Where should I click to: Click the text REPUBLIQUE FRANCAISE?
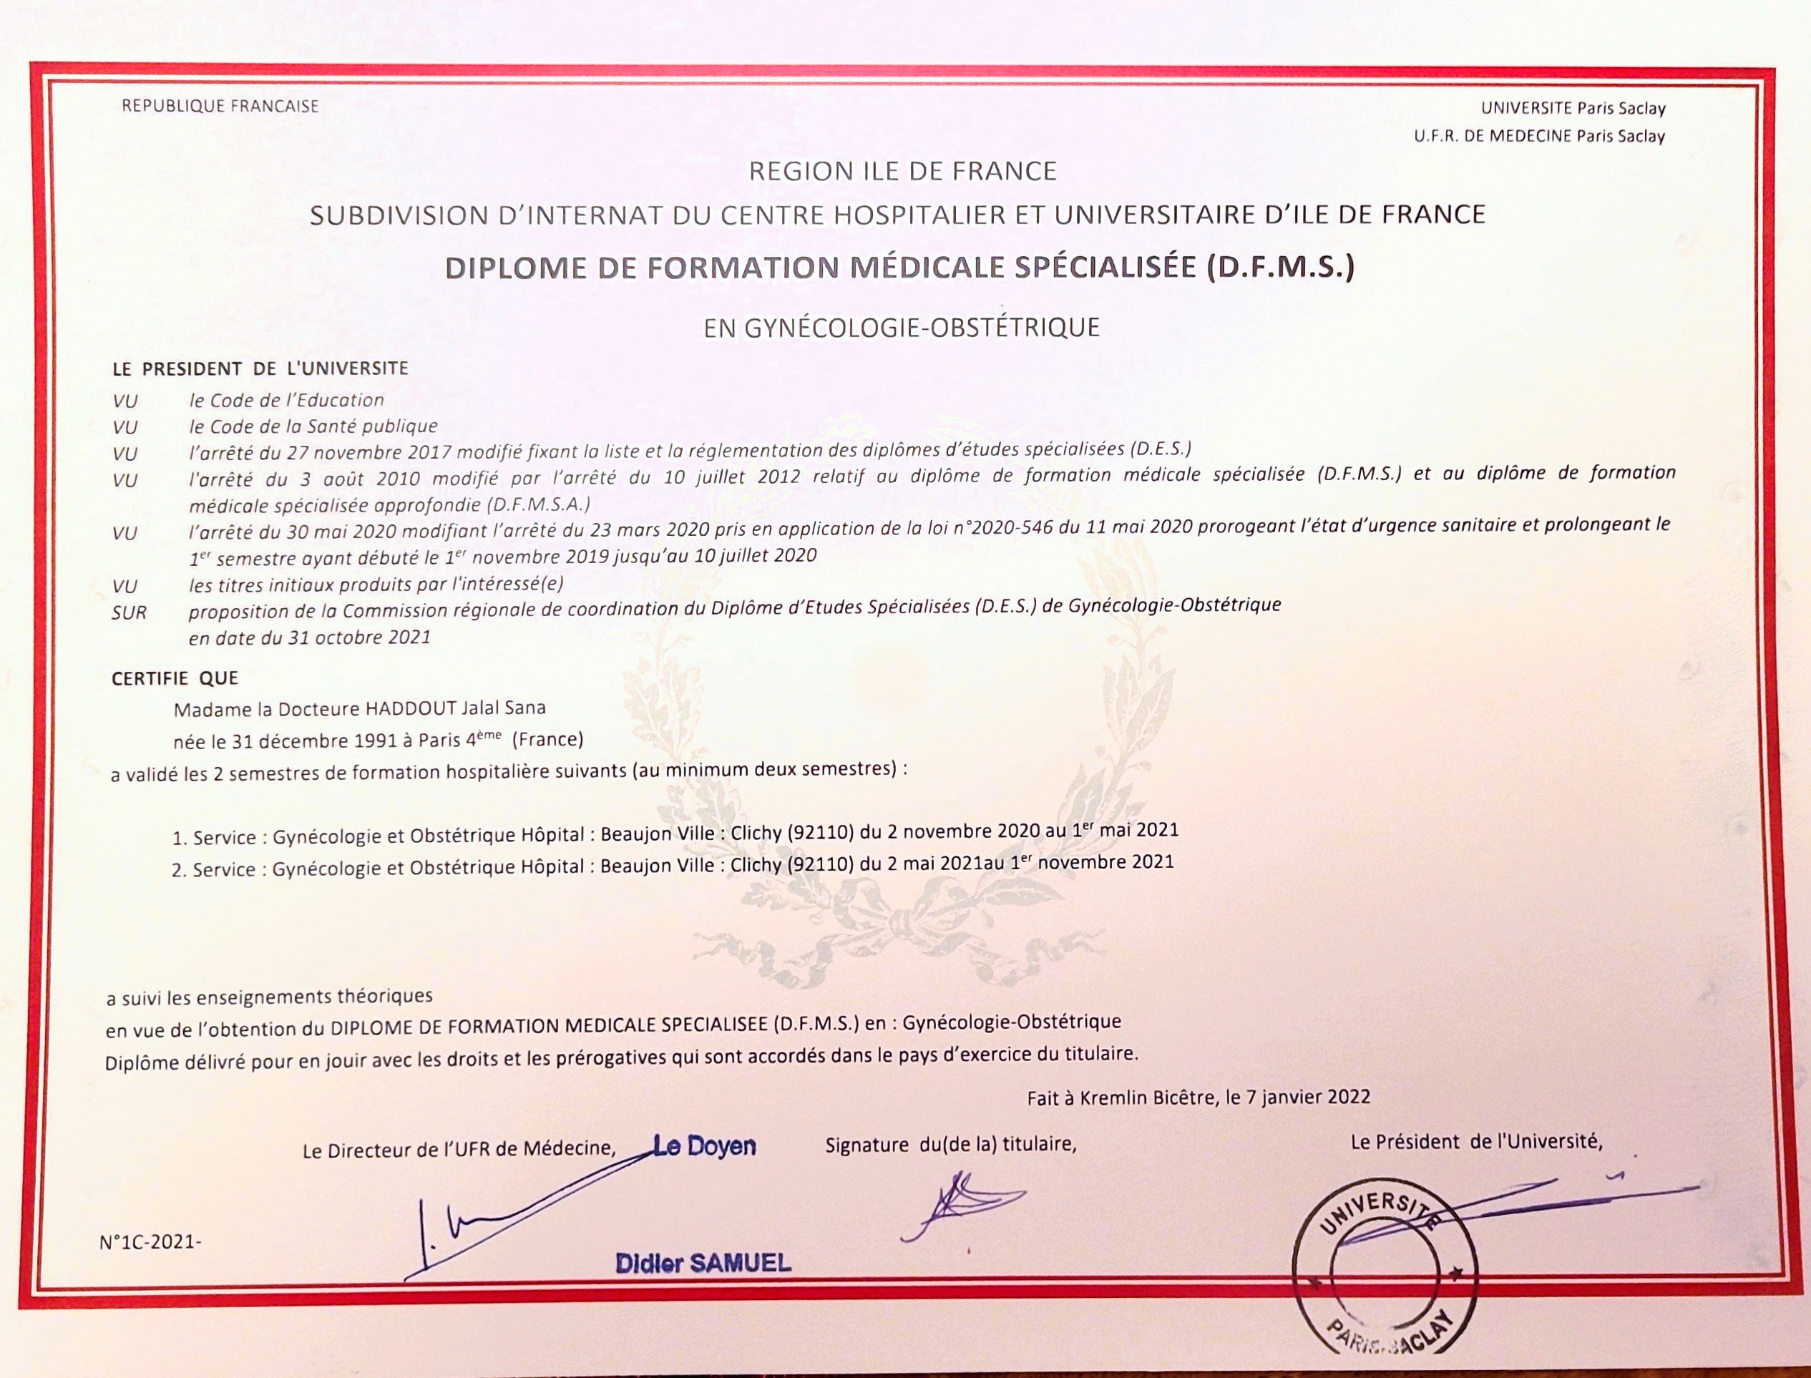(x=220, y=106)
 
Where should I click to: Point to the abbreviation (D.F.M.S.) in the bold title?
(x=1279, y=268)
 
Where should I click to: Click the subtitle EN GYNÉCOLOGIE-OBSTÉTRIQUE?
(x=902, y=327)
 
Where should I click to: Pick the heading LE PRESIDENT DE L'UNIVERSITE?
(x=260, y=369)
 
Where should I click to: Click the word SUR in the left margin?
(x=129, y=612)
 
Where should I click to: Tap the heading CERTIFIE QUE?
(x=175, y=678)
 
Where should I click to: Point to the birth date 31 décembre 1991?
(x=314, y=741)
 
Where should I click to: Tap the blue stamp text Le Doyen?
(x=705, y=1146)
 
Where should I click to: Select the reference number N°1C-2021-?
(x=150, y=1242)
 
